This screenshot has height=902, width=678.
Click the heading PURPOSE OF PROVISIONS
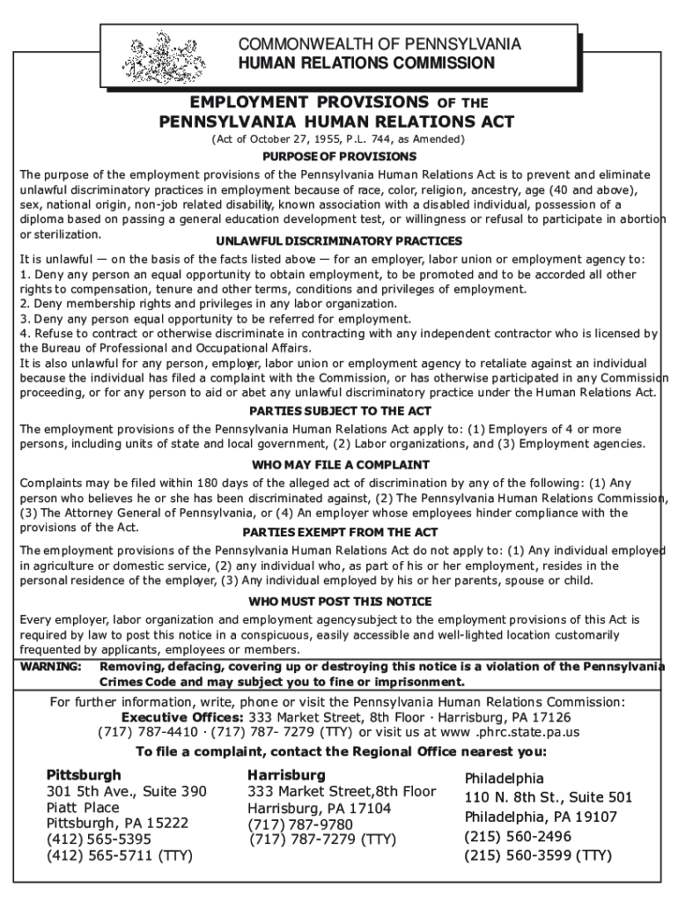point(339,156)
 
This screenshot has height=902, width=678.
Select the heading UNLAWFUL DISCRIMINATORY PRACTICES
point(339,241)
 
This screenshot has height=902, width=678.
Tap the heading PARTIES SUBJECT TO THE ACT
point(339,410)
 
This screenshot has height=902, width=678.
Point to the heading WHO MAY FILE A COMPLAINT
point(339,464)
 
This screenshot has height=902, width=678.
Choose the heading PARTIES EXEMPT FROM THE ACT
point(339,532)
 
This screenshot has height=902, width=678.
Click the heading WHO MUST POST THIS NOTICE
point(339,601)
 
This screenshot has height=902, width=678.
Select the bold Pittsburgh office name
point(84,775)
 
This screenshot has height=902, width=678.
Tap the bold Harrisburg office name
point(286,775)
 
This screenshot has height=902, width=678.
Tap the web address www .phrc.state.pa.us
point(512,732)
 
